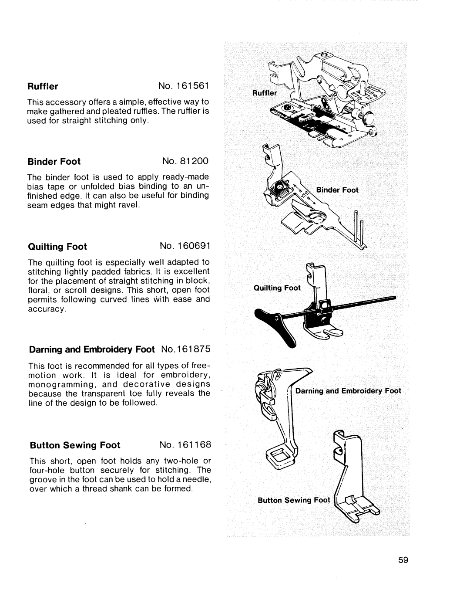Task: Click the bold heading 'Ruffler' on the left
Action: pos(43,86)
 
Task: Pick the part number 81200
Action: pos(192,162)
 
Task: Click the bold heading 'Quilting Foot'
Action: pos(58,247)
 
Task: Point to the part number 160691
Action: pos(192,247)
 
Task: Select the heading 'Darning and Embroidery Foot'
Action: pos(92,349)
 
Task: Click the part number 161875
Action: pos(192,349)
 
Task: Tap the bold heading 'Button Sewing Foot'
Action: pos(74,445)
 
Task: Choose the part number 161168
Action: pos(192,445)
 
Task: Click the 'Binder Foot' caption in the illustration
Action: pos(337,190)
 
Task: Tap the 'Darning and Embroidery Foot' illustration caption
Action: pos(348,391)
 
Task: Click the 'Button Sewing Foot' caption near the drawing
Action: pos(294,500)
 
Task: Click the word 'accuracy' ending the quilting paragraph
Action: pos(47,308)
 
